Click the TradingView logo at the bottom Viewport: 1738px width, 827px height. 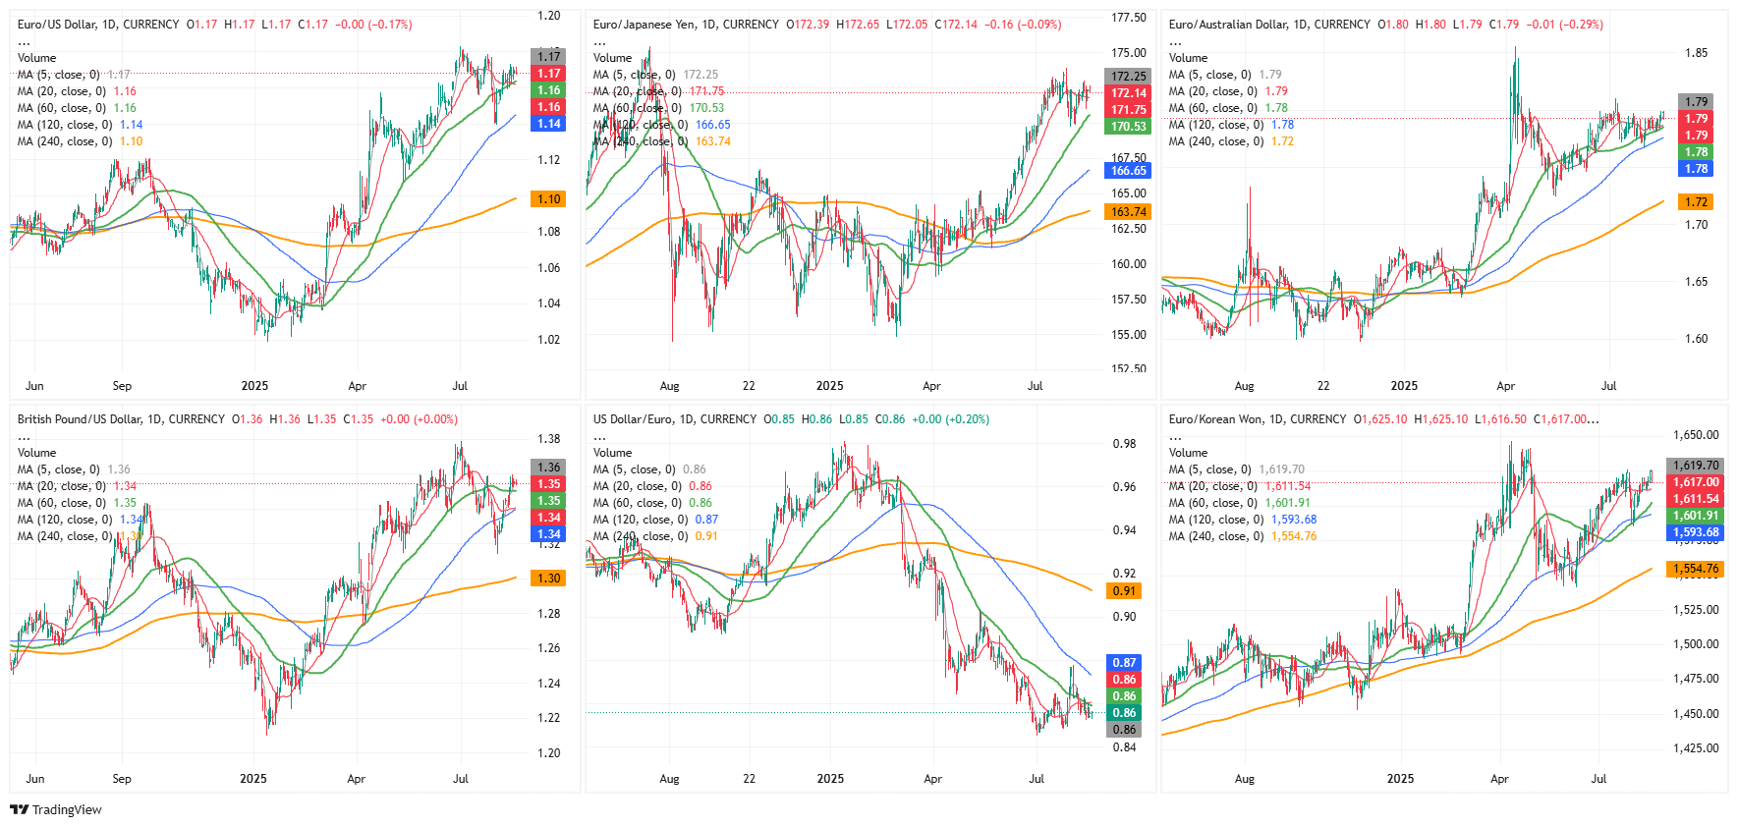[x=56, y=809]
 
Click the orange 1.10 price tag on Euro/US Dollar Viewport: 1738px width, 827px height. [x=548, y=199]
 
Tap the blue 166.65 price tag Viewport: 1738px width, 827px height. [x=1128, y=171]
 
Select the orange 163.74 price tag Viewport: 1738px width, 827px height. [x=1128, y=212]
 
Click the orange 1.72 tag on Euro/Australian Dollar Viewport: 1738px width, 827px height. [x=1696, y=202]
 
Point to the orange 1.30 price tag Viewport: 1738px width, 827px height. [x=548, y=579]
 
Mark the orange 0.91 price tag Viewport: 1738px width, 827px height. [x=1124, y=591]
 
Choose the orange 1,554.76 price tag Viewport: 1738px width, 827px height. [x=1696, y=569]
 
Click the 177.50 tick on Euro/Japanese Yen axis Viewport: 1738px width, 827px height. [x=1128, y=18]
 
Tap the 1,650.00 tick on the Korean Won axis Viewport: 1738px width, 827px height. [x=1696, y=435]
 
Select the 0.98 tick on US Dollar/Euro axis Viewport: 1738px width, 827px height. [x=1124, y=444]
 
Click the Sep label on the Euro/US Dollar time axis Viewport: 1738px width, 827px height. [x=122, y=386]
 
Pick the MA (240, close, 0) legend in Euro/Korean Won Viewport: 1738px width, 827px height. [x=1216, y=536]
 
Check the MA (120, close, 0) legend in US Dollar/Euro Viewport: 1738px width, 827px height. [x=641, y=520]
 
